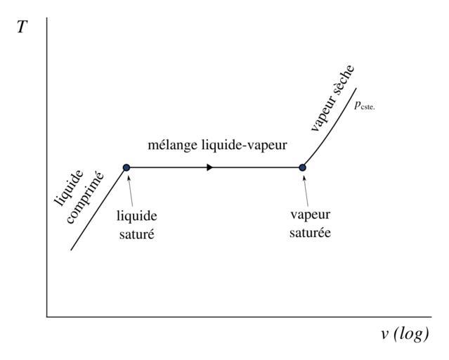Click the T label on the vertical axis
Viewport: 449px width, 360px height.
click(x=22, y=30)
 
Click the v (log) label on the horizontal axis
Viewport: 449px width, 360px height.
click(x=405, y=333)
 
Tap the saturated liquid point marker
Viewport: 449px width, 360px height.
click(x=126, y=167)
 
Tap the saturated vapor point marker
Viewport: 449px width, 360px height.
click(x=303, y=167)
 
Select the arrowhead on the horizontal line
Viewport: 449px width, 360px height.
click(x=209, y=167)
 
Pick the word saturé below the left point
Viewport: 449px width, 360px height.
click(x=136, y=233)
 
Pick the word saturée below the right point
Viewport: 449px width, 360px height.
click(x=309, y=233)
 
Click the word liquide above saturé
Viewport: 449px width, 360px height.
click(x=136, y=216)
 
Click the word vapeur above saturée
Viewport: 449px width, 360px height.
click(x=309, y=216)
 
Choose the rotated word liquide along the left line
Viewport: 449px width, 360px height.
click(x=70, y=187)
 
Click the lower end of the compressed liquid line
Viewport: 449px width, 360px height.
click(x=71, y=250)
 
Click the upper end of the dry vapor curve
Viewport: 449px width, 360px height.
click(x=356, y=89)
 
